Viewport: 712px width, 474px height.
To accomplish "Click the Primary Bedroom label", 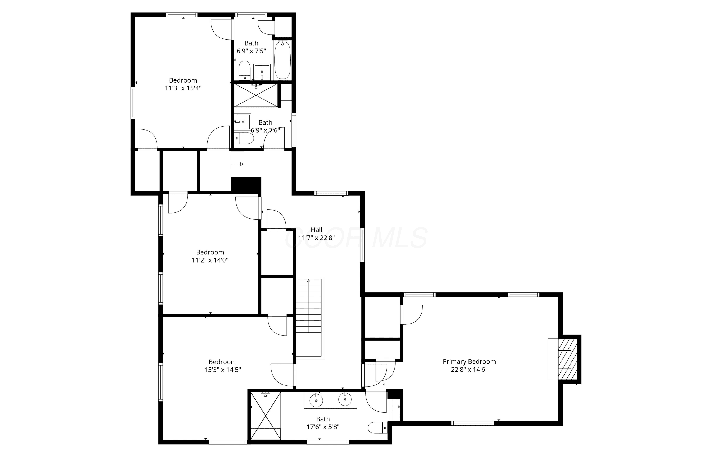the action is [469, 361].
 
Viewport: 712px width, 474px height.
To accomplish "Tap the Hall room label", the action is [316, 230].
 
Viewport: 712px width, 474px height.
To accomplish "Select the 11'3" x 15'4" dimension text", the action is [183, 88].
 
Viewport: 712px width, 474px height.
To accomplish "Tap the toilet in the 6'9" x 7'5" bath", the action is [244, 70].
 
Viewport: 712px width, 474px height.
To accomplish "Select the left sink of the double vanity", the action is [316, 401].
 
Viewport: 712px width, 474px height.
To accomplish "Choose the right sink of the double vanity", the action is [345, 400].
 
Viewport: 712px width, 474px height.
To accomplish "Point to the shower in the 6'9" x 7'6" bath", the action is [256, 95].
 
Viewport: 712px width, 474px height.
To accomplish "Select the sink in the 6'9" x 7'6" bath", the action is [243, 122].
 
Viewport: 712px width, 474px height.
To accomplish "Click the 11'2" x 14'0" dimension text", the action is [210, 260].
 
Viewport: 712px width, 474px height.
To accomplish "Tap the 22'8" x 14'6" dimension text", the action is [469, 369].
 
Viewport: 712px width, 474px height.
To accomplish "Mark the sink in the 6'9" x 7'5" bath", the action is [262, 72].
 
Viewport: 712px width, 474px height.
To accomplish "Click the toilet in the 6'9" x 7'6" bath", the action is [244, 138].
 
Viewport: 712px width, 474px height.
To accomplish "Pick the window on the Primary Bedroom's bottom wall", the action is [472, 423].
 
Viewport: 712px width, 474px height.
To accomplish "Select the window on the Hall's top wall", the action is [331, 193].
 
